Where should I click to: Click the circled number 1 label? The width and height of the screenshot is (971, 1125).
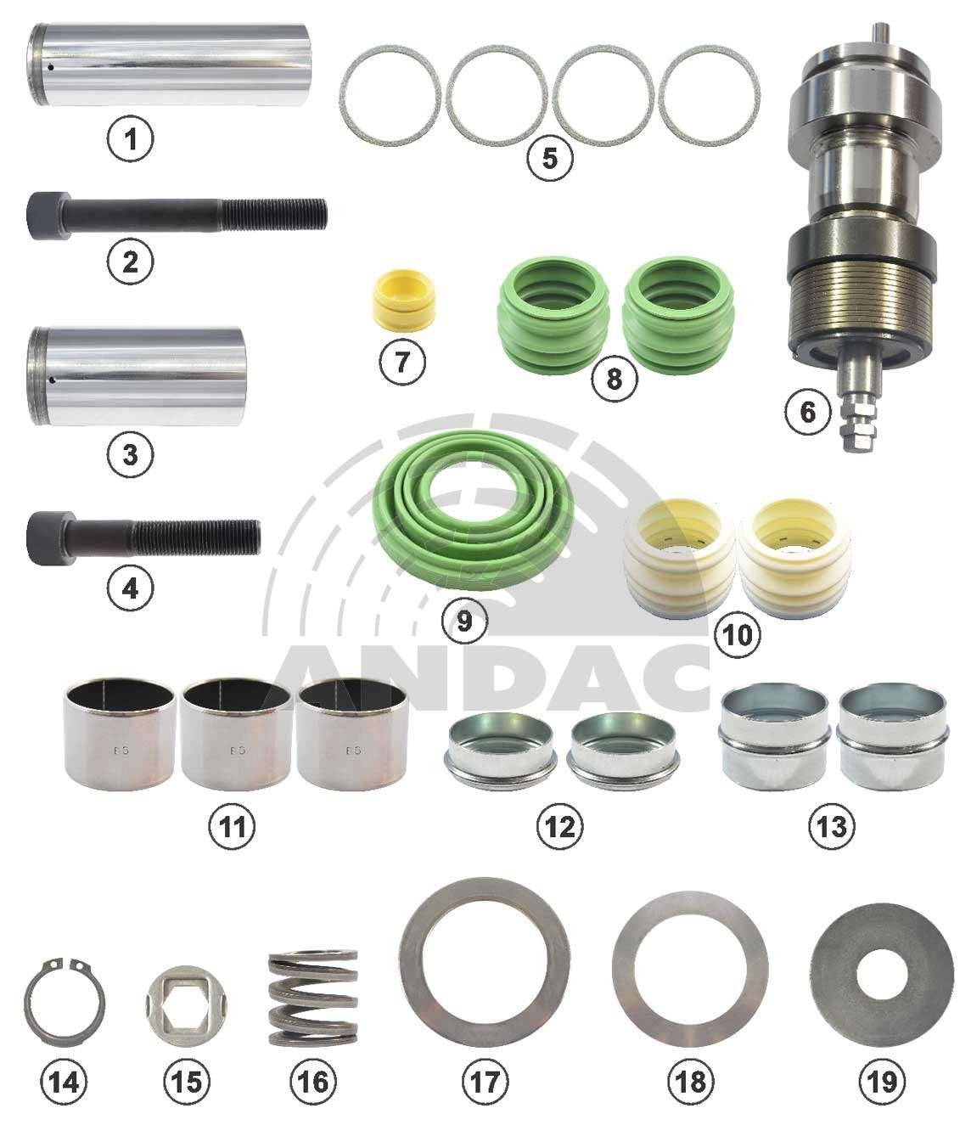[131, 138]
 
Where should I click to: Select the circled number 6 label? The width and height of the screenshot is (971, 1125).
[808, 412]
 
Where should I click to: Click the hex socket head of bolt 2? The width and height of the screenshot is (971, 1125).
[49, 215]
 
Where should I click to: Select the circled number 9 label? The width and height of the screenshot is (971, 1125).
[464, 621]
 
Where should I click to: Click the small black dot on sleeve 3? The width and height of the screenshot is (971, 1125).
[49, 380]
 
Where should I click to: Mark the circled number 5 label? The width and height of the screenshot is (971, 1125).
[550, 158]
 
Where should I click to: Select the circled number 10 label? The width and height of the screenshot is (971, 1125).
[738, 634]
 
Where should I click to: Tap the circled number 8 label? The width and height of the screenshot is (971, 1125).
[615, 378]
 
